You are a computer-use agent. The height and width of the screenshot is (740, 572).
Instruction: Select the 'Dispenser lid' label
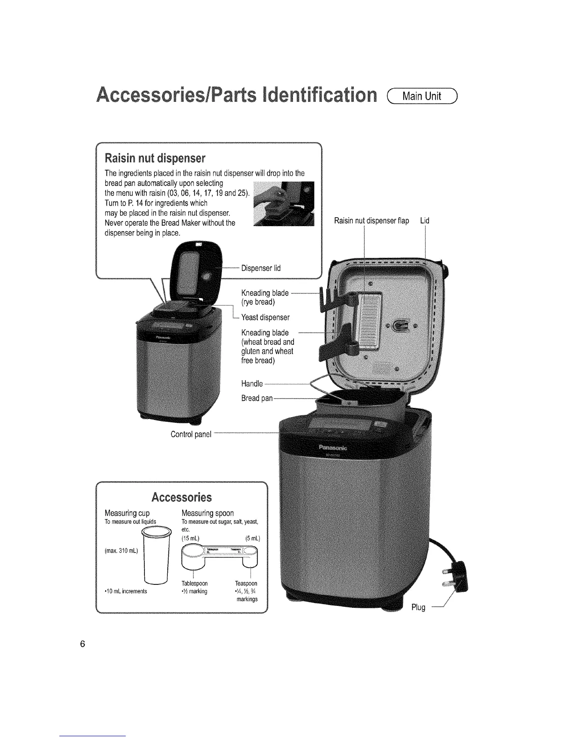tap(260, 268)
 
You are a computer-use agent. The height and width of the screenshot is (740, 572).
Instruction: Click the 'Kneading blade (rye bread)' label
tap(265, 297)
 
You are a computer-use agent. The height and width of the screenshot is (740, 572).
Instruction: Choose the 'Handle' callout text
tap(252, 384)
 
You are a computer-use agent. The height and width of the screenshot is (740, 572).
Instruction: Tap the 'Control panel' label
tap(191, 434)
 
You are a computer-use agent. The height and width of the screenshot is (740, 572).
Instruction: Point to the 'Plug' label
tap(418, 607)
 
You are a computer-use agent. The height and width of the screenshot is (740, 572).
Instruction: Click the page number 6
tap(82, 644)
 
